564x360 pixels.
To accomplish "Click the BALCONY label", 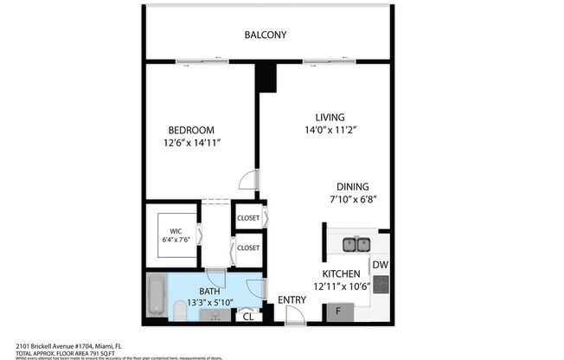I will pyautogui.click(x=265, y=35).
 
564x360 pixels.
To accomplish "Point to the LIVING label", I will pyautogui.click(x=330, y=117).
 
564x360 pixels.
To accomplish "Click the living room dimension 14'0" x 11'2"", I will pyautogui.click(x=330, y=130).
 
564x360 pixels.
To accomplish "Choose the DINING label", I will pyautogui.click(x=353, y=186).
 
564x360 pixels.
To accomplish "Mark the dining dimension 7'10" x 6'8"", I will pyautogui.click(x=353, y=199).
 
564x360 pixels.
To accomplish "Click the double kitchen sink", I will pyautogui.click(x=355, y=244).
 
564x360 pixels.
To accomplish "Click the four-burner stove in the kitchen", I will pyautogui.click(x=380, y=285).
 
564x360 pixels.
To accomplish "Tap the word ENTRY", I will pyautogui.click(x=291, y=300).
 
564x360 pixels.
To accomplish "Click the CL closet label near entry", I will pyautogui.click(x=248, y=316).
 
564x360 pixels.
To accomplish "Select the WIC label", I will pyautogui.click(x=175, y=232).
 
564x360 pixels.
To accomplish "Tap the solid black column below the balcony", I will pyautogui.click(x=266, y=77).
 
